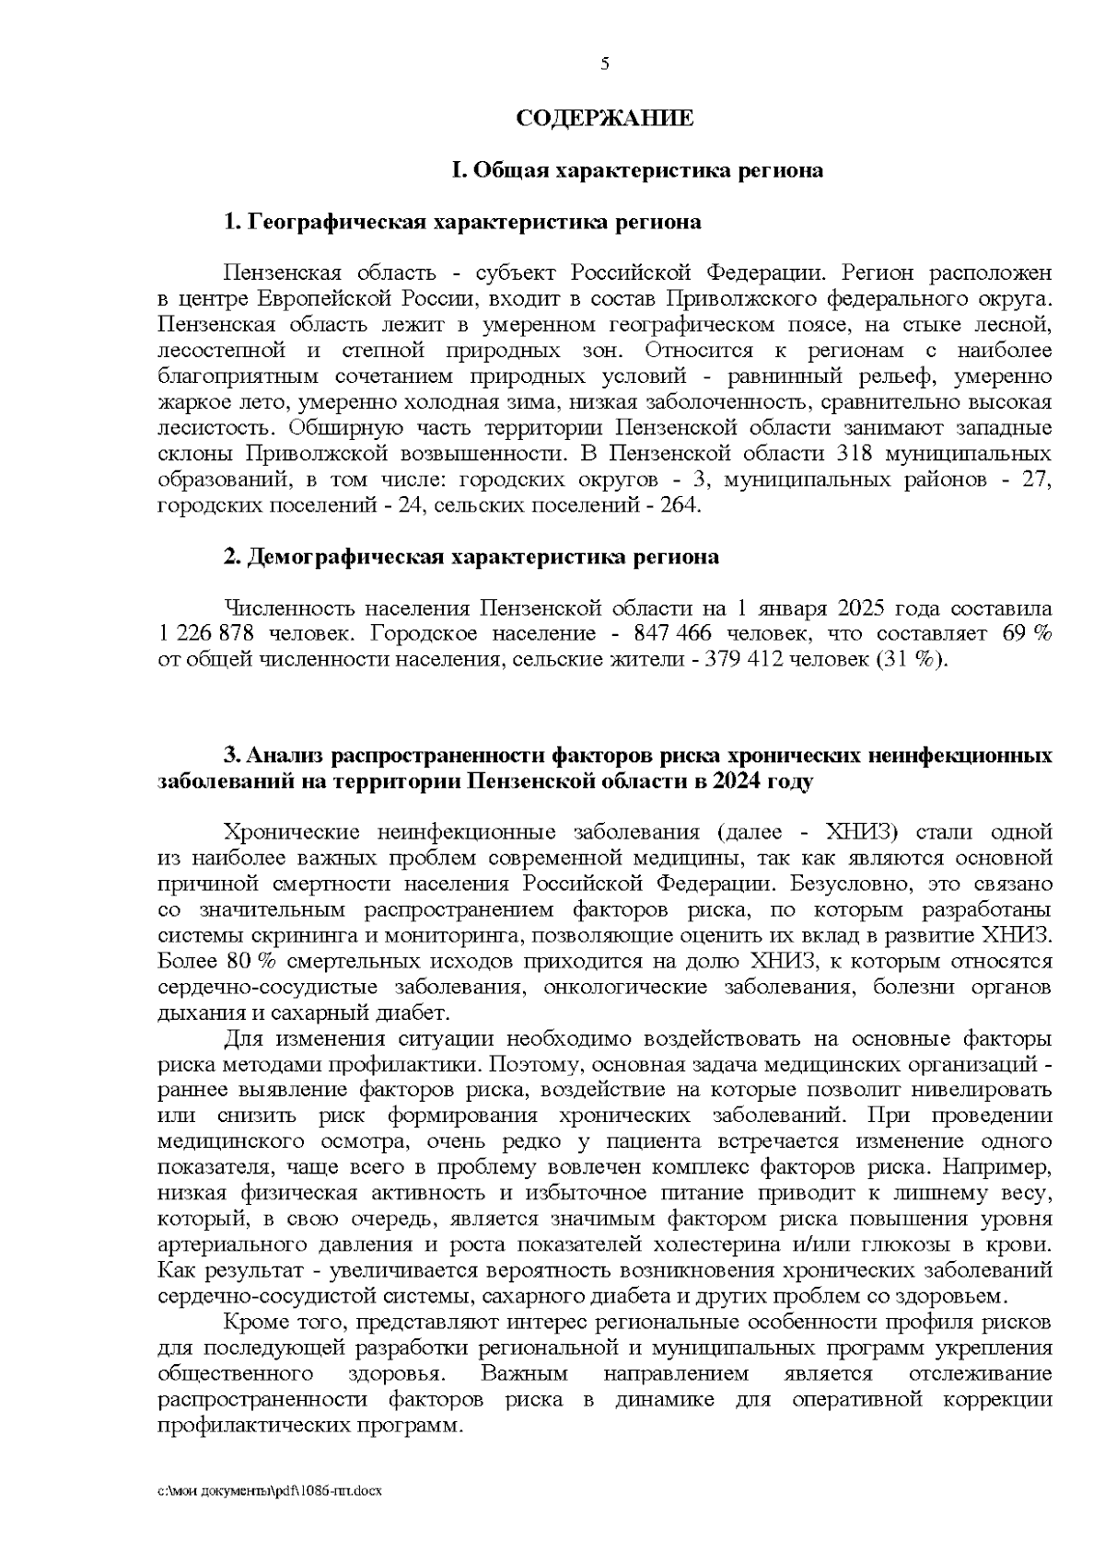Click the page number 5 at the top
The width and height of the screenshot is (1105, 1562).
[x=604, y=64]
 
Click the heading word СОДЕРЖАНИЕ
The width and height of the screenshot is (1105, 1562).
[x=604, y=118]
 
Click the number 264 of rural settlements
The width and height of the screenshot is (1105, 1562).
[x=680, y=505]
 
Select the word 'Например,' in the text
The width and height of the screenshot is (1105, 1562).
[x=1005, y=1167]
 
